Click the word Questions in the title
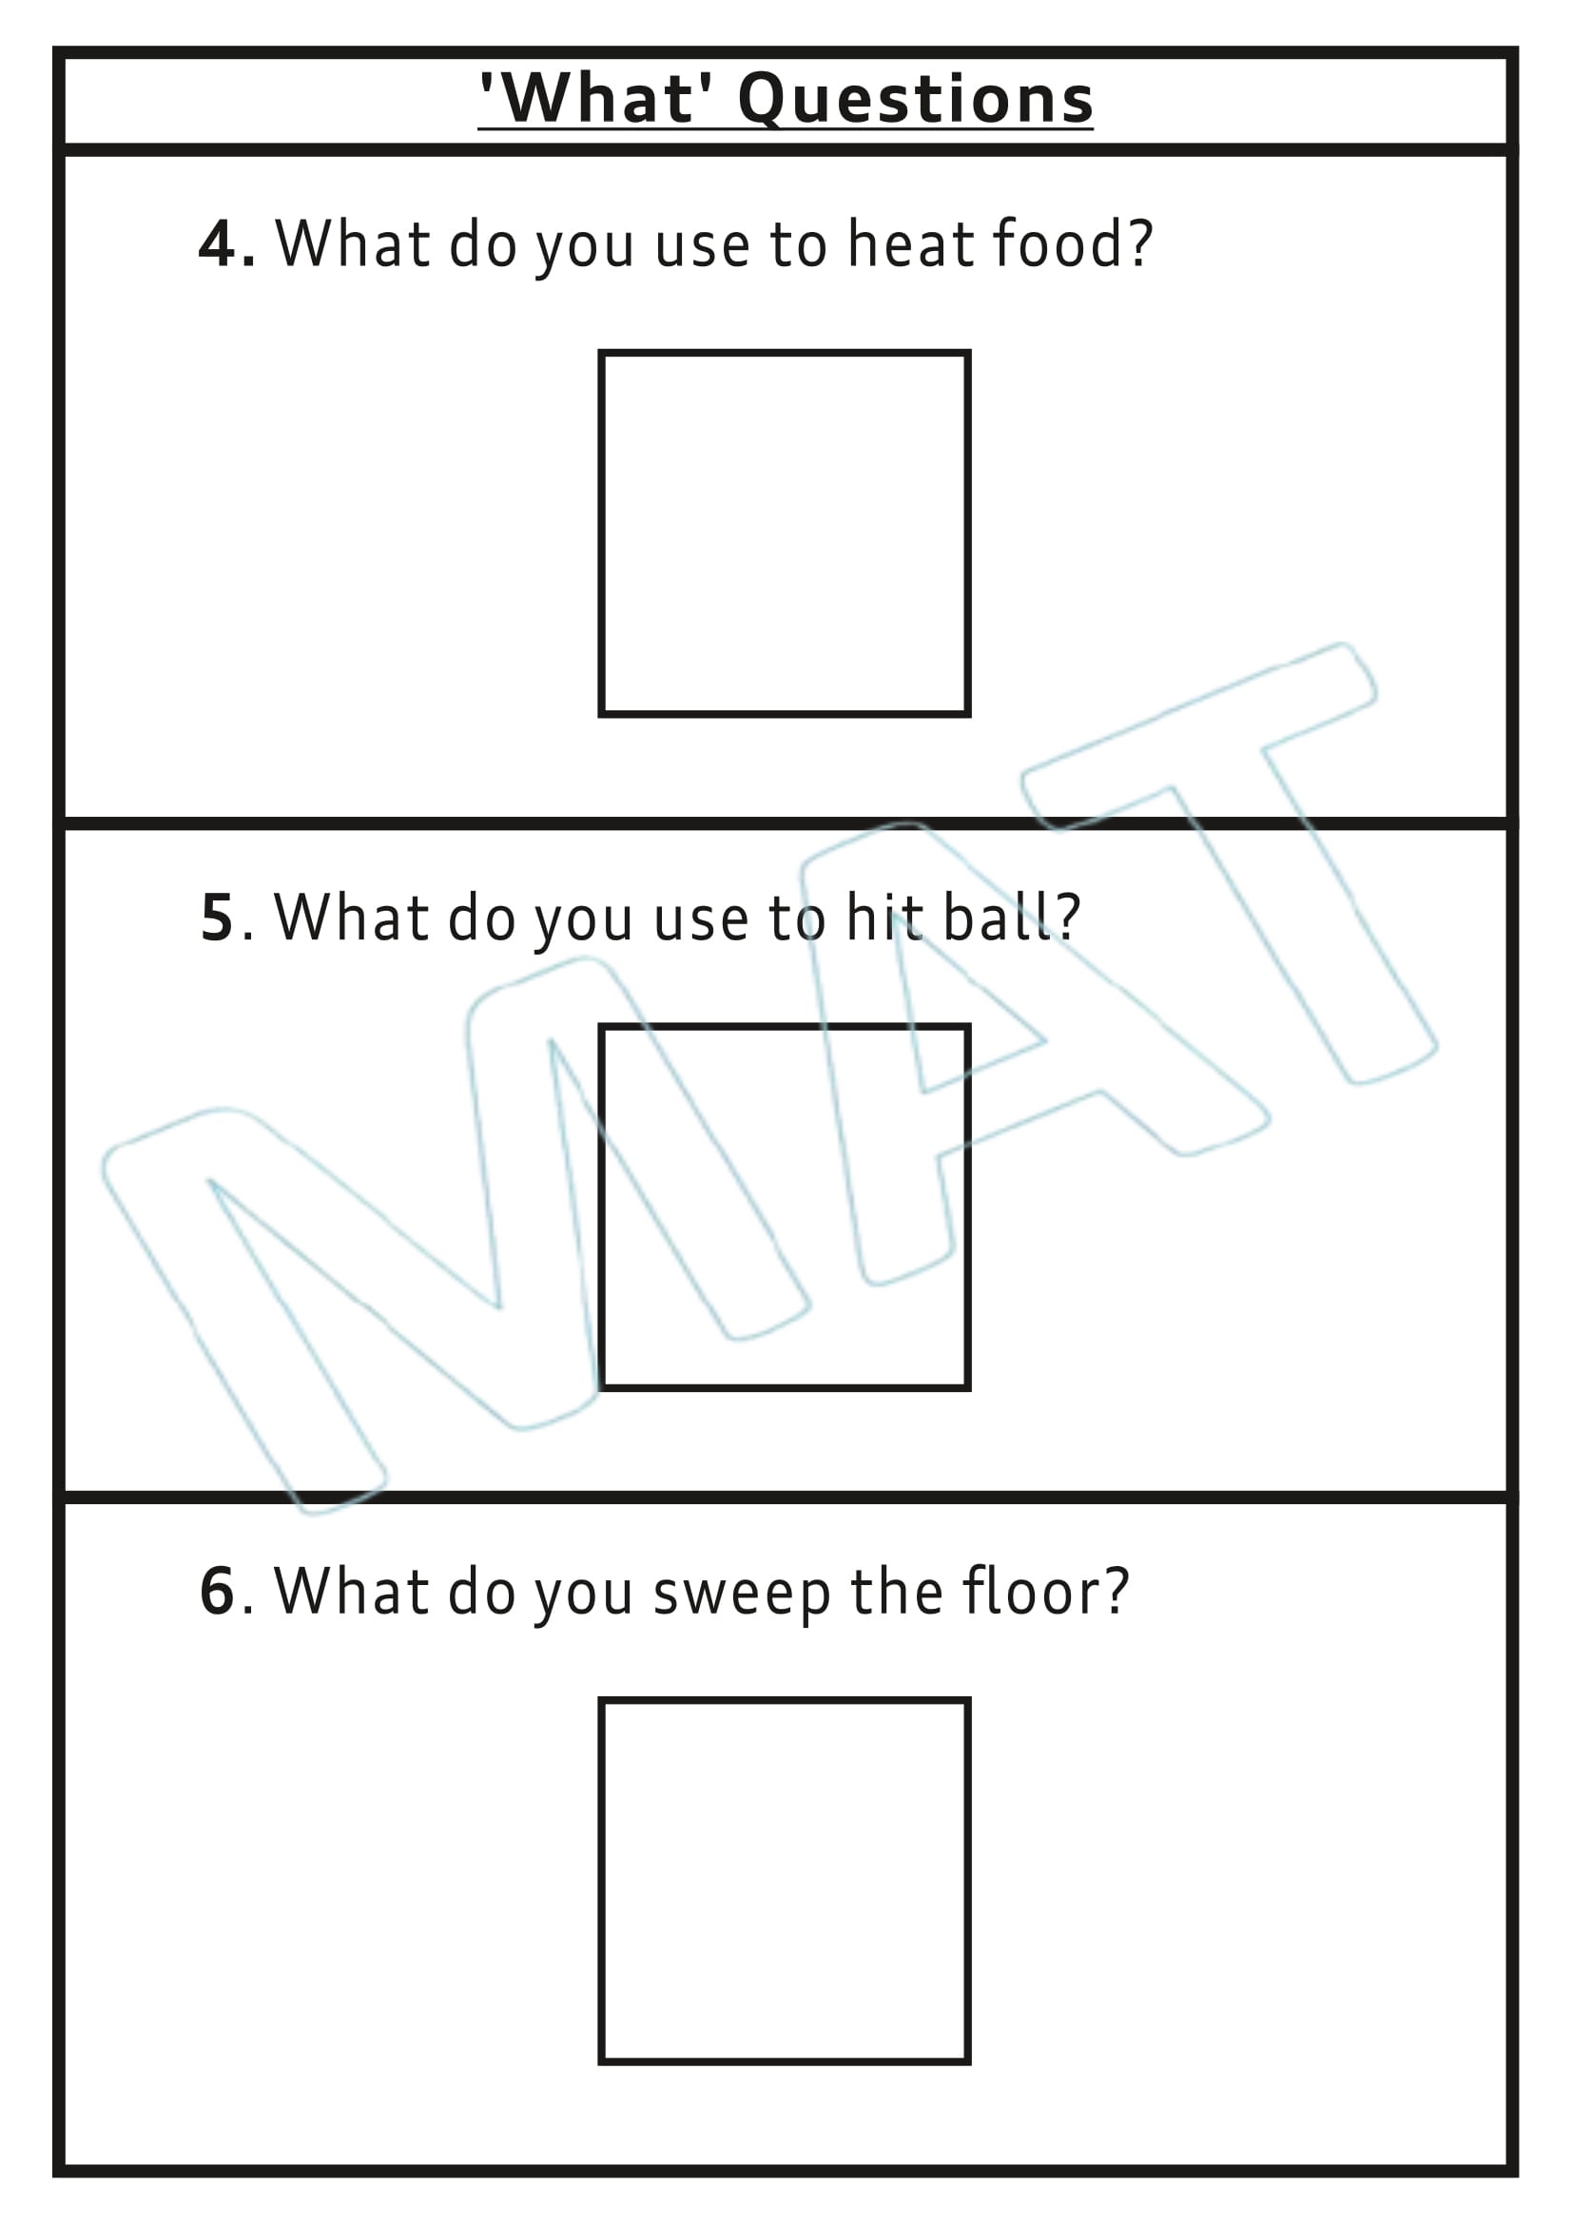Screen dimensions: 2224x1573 coord(914,100)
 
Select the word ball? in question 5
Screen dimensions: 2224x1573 coord(1011,917)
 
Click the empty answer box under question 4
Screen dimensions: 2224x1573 coord(785,533)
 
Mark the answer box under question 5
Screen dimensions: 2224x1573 coord(785,1207)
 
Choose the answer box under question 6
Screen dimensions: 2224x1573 coord(785,1881)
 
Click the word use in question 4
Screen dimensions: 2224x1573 coord(701,245)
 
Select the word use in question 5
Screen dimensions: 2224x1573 coord(700,919)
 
